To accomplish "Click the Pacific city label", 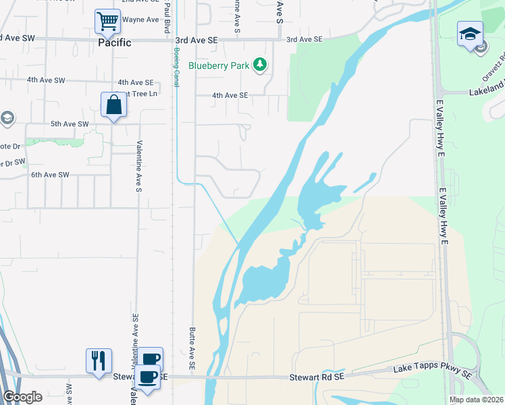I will pos(107,42).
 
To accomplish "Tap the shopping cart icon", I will pos(107,22).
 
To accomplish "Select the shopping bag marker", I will pos(113,105).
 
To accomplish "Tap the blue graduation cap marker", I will pos(470,34).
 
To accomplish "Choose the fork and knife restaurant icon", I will pos(99,360).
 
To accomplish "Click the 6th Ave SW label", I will pos(50,175).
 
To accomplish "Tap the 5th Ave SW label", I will pos(70,124).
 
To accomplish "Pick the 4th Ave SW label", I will pos(46,80).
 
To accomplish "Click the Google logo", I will pos(22,397).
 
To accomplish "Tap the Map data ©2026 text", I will pos(476,400).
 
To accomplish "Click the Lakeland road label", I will pos(487,88).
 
